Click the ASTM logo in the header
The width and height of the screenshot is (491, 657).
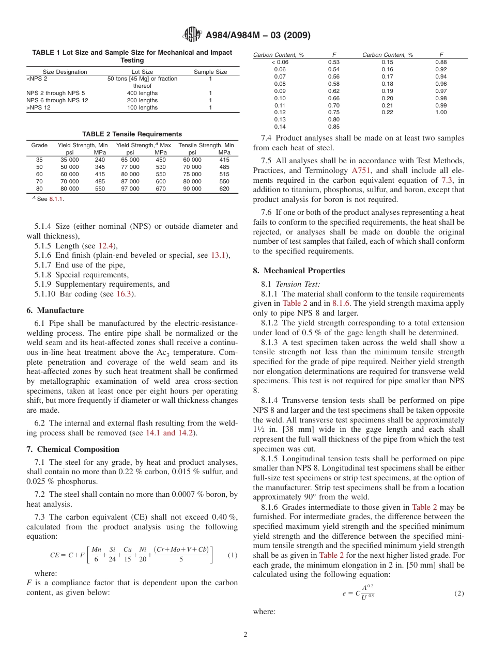point(193,35)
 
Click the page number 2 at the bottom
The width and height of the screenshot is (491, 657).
point(245,634)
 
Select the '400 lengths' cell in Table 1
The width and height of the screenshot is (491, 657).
point(142,93)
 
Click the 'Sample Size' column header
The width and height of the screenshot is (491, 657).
point(210,72)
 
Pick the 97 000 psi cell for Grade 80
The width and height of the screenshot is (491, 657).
point(130,189)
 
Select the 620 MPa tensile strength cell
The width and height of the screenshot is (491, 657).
point(224,189)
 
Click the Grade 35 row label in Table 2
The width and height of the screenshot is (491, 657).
point(39,160)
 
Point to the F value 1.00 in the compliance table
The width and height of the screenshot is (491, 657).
point(440,112)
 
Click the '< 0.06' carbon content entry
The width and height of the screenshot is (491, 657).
point(280,62)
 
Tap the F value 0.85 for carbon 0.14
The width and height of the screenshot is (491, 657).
point(333,127)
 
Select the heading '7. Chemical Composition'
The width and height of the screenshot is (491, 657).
point(73,449)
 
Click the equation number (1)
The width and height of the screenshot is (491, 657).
point(232,555)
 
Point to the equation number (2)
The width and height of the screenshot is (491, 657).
point(458,593)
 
